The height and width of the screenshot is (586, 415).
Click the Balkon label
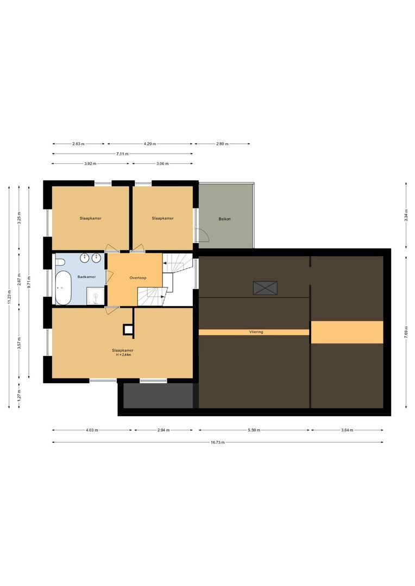click(224, 219)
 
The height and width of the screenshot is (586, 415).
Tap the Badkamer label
click(86, 277)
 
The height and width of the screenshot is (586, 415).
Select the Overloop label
click(138, 278)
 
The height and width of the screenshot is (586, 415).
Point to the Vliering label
click(256, 332)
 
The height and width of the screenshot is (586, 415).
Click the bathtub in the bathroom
click(63, 288)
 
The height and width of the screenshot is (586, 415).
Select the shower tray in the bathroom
click(96, 296)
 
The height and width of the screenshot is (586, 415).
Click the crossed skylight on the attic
click(265, 288)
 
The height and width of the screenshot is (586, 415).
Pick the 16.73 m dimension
click(217, 443)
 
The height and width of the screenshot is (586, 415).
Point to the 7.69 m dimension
click(406, 332)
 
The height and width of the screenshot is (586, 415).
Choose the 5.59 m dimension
click(253, 430)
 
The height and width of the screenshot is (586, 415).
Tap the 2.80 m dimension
click(222, 143)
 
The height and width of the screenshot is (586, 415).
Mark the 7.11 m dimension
click(122, 154)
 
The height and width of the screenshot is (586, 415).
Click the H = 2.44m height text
click(123, 355)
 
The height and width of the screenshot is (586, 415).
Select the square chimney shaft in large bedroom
click(128, 329)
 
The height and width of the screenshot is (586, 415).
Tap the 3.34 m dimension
click(406, 215)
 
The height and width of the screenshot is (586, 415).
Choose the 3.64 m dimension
click(347, 430)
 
